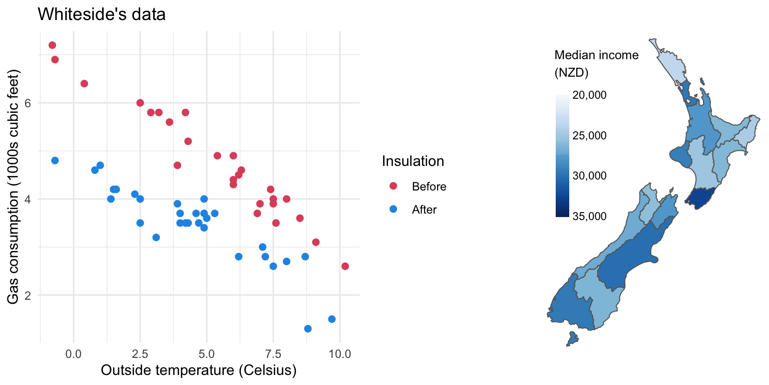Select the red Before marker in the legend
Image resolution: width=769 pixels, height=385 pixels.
[393, 186]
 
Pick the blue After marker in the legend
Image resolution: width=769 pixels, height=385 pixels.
[393, 210]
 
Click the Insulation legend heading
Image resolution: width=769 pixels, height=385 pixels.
[413, 161]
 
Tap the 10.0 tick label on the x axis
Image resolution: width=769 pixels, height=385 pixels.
[340, 353]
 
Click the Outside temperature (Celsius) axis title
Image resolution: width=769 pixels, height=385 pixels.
[199, 371]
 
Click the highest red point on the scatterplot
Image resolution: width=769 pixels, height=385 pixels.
[52, 45]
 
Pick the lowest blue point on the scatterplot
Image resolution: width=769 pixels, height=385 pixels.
[308, 328]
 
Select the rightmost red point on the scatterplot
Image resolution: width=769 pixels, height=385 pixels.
[345, 266]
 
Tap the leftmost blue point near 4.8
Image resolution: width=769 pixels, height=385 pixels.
[55, 160]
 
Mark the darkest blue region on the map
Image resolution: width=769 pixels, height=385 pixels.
[702, 198]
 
